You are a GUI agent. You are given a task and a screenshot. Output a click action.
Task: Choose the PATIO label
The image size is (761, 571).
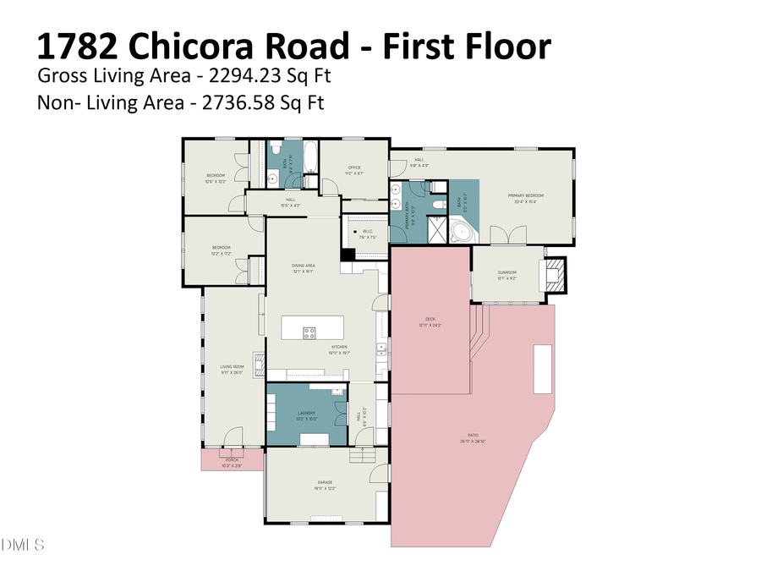pyautogui.click(x=472, y=439)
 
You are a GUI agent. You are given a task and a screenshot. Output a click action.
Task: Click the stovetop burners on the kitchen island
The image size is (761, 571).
pyautogui.click(x=309, y=332)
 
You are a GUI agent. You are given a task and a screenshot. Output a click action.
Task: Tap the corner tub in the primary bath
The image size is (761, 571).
pyautogui.click(x=463, y=231)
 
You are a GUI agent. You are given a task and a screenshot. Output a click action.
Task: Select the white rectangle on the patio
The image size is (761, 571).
pyautogui.click(x=542, y=369)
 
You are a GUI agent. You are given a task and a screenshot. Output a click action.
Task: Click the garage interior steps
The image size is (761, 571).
pyautogui.click(x=361, y=457)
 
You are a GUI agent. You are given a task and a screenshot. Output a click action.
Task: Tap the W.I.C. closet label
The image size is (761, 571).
pyautogui.click(x=367, y=234)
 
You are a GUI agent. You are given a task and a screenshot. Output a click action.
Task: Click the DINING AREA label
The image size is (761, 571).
pyautogui.click(x=304, y=267)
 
